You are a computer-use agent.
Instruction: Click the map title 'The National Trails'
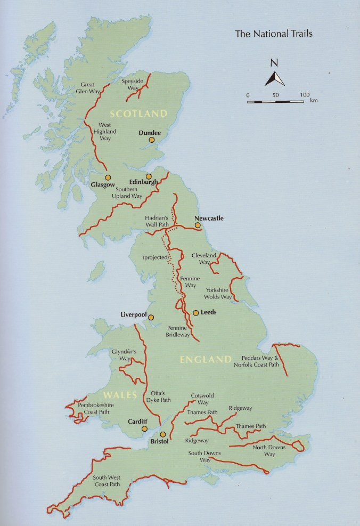pos(273,34)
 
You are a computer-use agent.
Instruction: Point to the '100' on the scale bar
pos(304,94)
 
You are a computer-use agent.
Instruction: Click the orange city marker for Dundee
pos(152,140)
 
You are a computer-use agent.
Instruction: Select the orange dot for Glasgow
pos(108,177)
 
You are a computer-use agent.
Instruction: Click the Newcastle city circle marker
pos(198,225)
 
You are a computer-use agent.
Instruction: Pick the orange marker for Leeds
pos(196,312)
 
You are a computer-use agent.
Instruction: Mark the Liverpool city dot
pos(151,318)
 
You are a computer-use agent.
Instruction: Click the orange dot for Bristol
pos(163,434)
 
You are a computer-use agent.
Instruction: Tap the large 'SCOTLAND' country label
pos(138,114)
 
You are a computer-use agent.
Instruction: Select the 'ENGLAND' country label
pos(206,360)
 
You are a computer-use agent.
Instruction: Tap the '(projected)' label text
pos(156,257)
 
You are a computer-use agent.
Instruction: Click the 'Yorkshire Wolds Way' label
pos(218,293)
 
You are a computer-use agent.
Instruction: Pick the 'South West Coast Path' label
pos(106,481)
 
